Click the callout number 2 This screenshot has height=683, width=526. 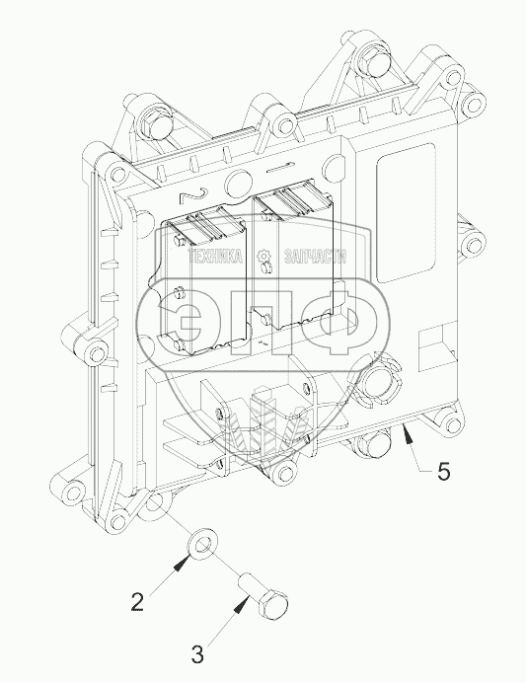pos(137,602)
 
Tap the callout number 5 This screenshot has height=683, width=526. pos(443,472)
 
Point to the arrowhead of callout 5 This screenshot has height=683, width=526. pos(408,434)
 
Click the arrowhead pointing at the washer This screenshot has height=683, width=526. pos(183,564)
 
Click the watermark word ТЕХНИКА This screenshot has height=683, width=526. pos(215,257)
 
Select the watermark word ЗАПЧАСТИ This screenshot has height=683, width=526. pos(315,257)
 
